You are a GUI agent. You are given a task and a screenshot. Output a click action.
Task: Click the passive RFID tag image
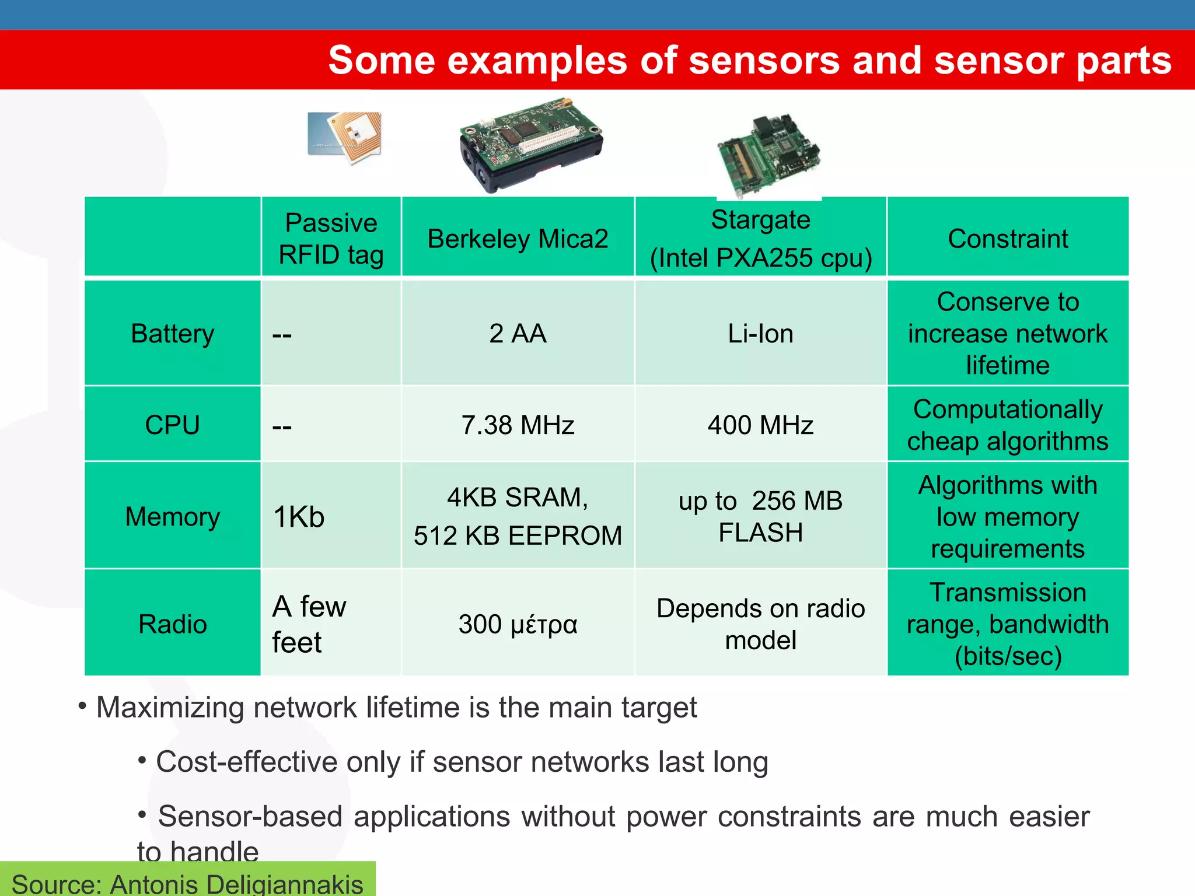(345, 138)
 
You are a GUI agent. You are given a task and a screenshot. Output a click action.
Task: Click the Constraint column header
(1008, 239)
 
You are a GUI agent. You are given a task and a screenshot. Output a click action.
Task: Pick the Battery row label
(173, 334)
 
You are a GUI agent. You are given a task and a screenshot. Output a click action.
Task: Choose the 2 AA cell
(518, 334)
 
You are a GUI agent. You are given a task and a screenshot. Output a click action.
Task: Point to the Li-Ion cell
(760, 334)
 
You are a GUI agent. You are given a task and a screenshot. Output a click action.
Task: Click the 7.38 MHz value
(518, 425)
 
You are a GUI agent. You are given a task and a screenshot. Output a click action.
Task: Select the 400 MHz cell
(760, 425)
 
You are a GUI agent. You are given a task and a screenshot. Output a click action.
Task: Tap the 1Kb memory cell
(299, 517)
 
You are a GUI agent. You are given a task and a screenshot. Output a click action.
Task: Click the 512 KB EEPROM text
(518, 535)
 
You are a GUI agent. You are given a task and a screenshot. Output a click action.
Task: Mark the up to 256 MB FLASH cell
(760, 516)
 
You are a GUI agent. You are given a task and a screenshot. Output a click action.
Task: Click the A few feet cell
(309, 624)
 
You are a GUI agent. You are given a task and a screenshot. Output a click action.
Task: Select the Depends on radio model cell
(760, 624)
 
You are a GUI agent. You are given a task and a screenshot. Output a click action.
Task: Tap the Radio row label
(173, 624)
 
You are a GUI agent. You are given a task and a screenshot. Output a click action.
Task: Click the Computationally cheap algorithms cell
(1008, 425)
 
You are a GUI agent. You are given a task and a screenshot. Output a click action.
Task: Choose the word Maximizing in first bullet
(169, 708)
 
